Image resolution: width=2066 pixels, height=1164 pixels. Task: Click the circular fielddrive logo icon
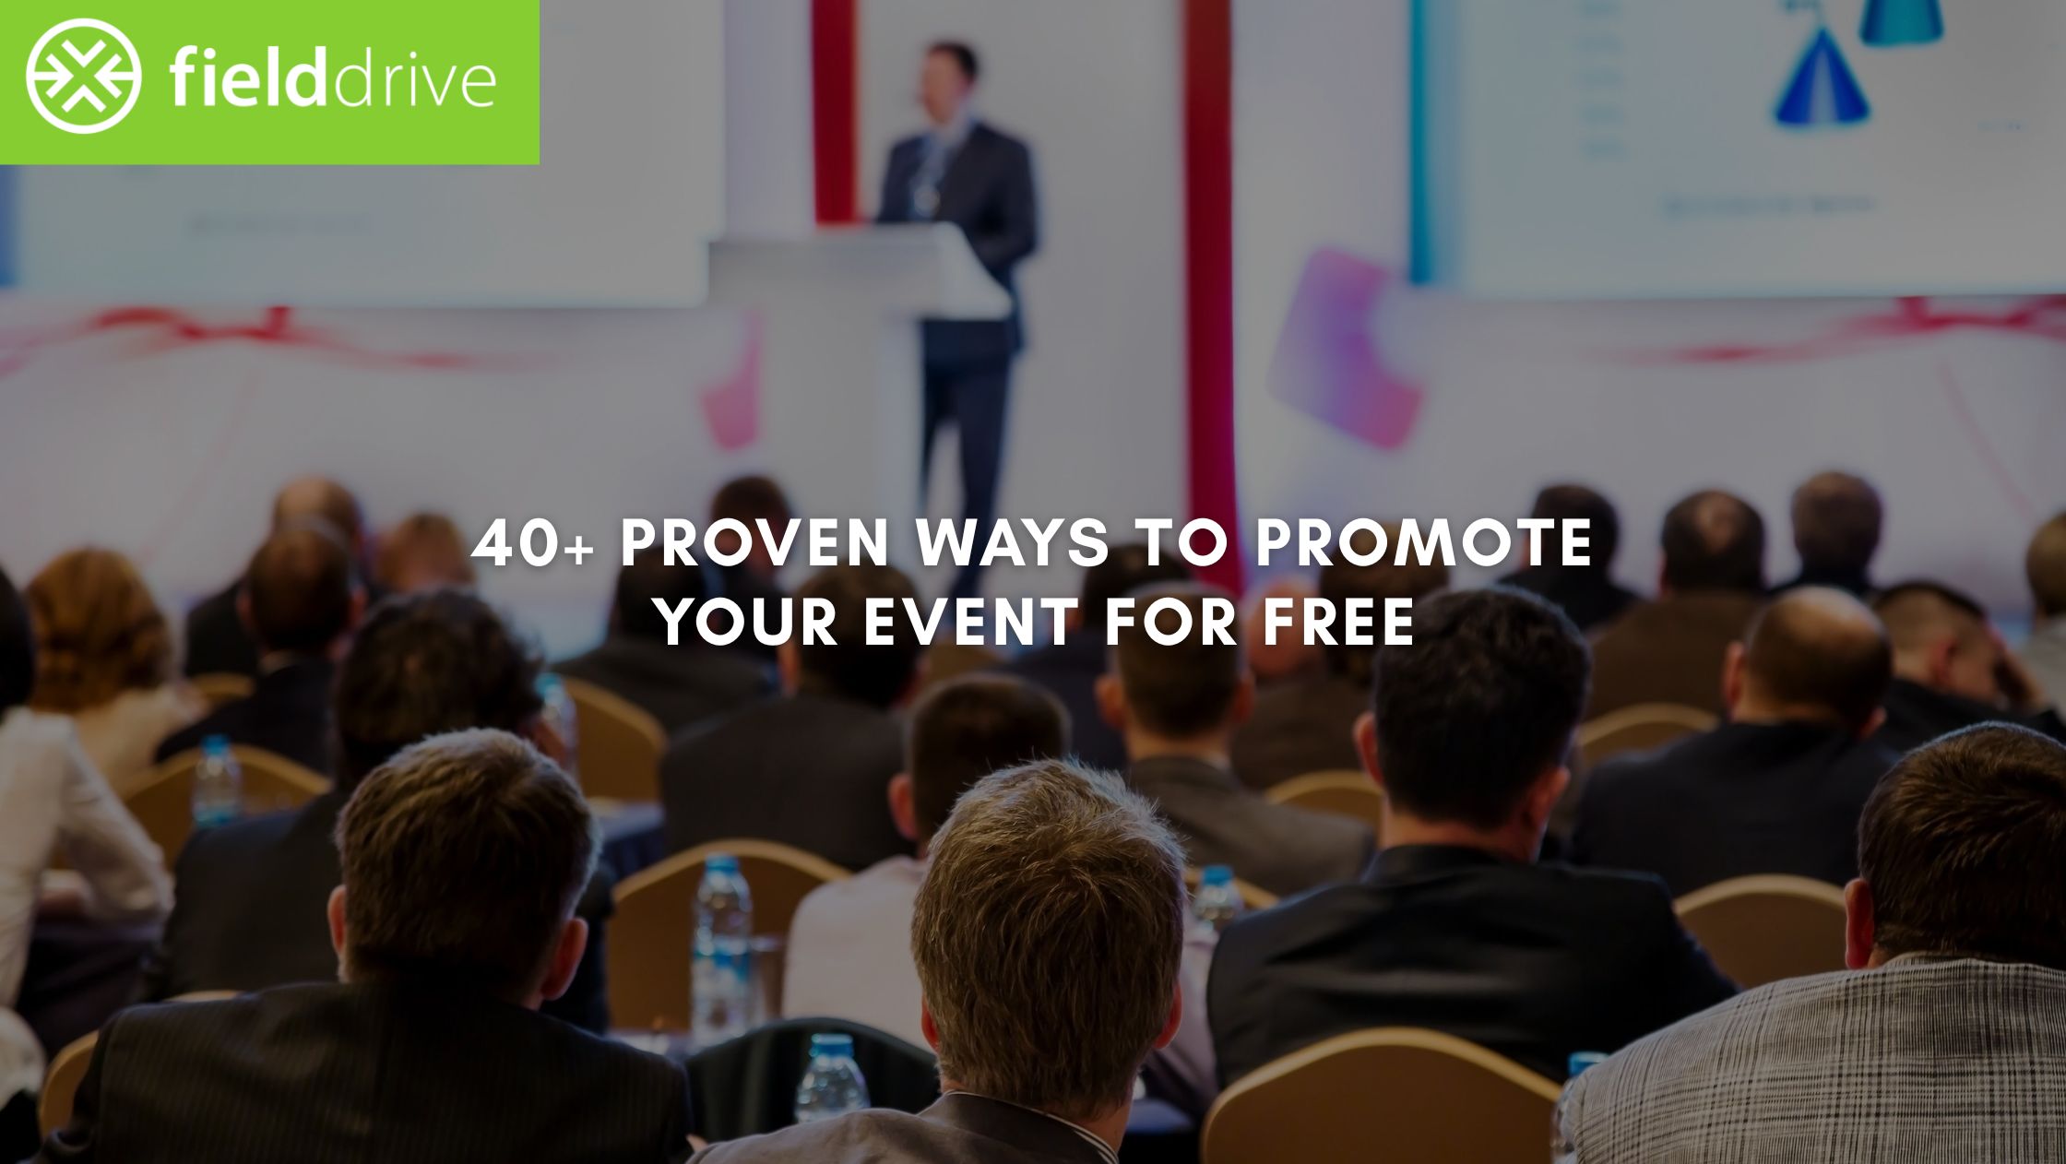(83, 77)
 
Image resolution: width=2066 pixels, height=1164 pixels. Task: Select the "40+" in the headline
(531, 544)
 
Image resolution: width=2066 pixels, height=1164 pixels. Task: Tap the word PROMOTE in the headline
(1424, 544)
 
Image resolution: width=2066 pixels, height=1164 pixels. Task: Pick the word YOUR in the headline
(748, 622)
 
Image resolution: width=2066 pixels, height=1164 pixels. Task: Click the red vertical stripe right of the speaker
(1208, 277)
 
